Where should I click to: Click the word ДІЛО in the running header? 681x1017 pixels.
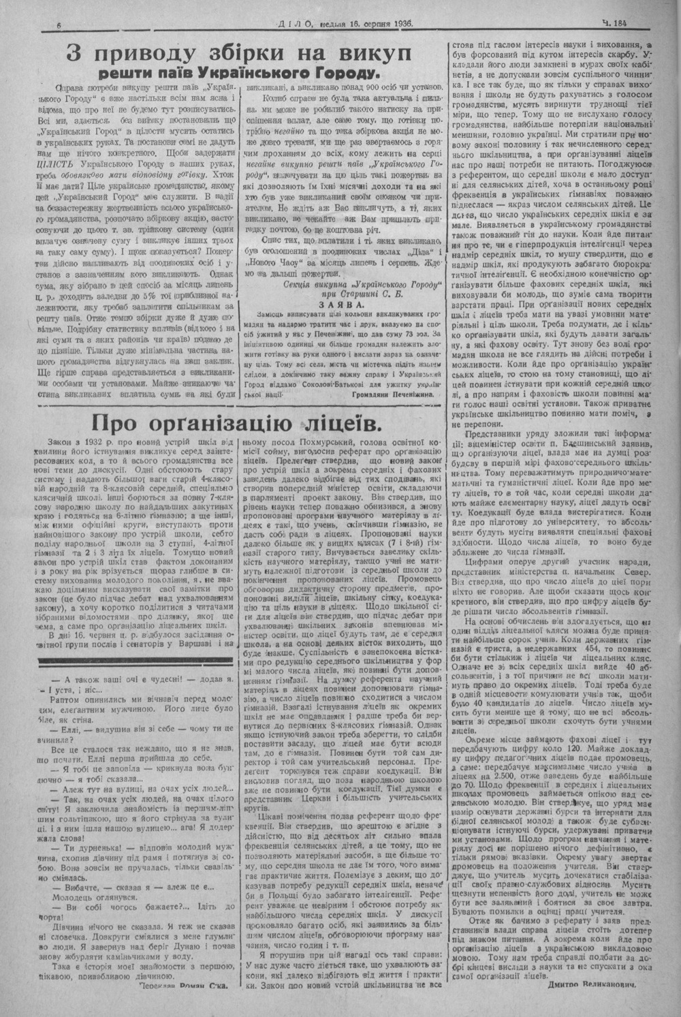[x=296, y=23]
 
